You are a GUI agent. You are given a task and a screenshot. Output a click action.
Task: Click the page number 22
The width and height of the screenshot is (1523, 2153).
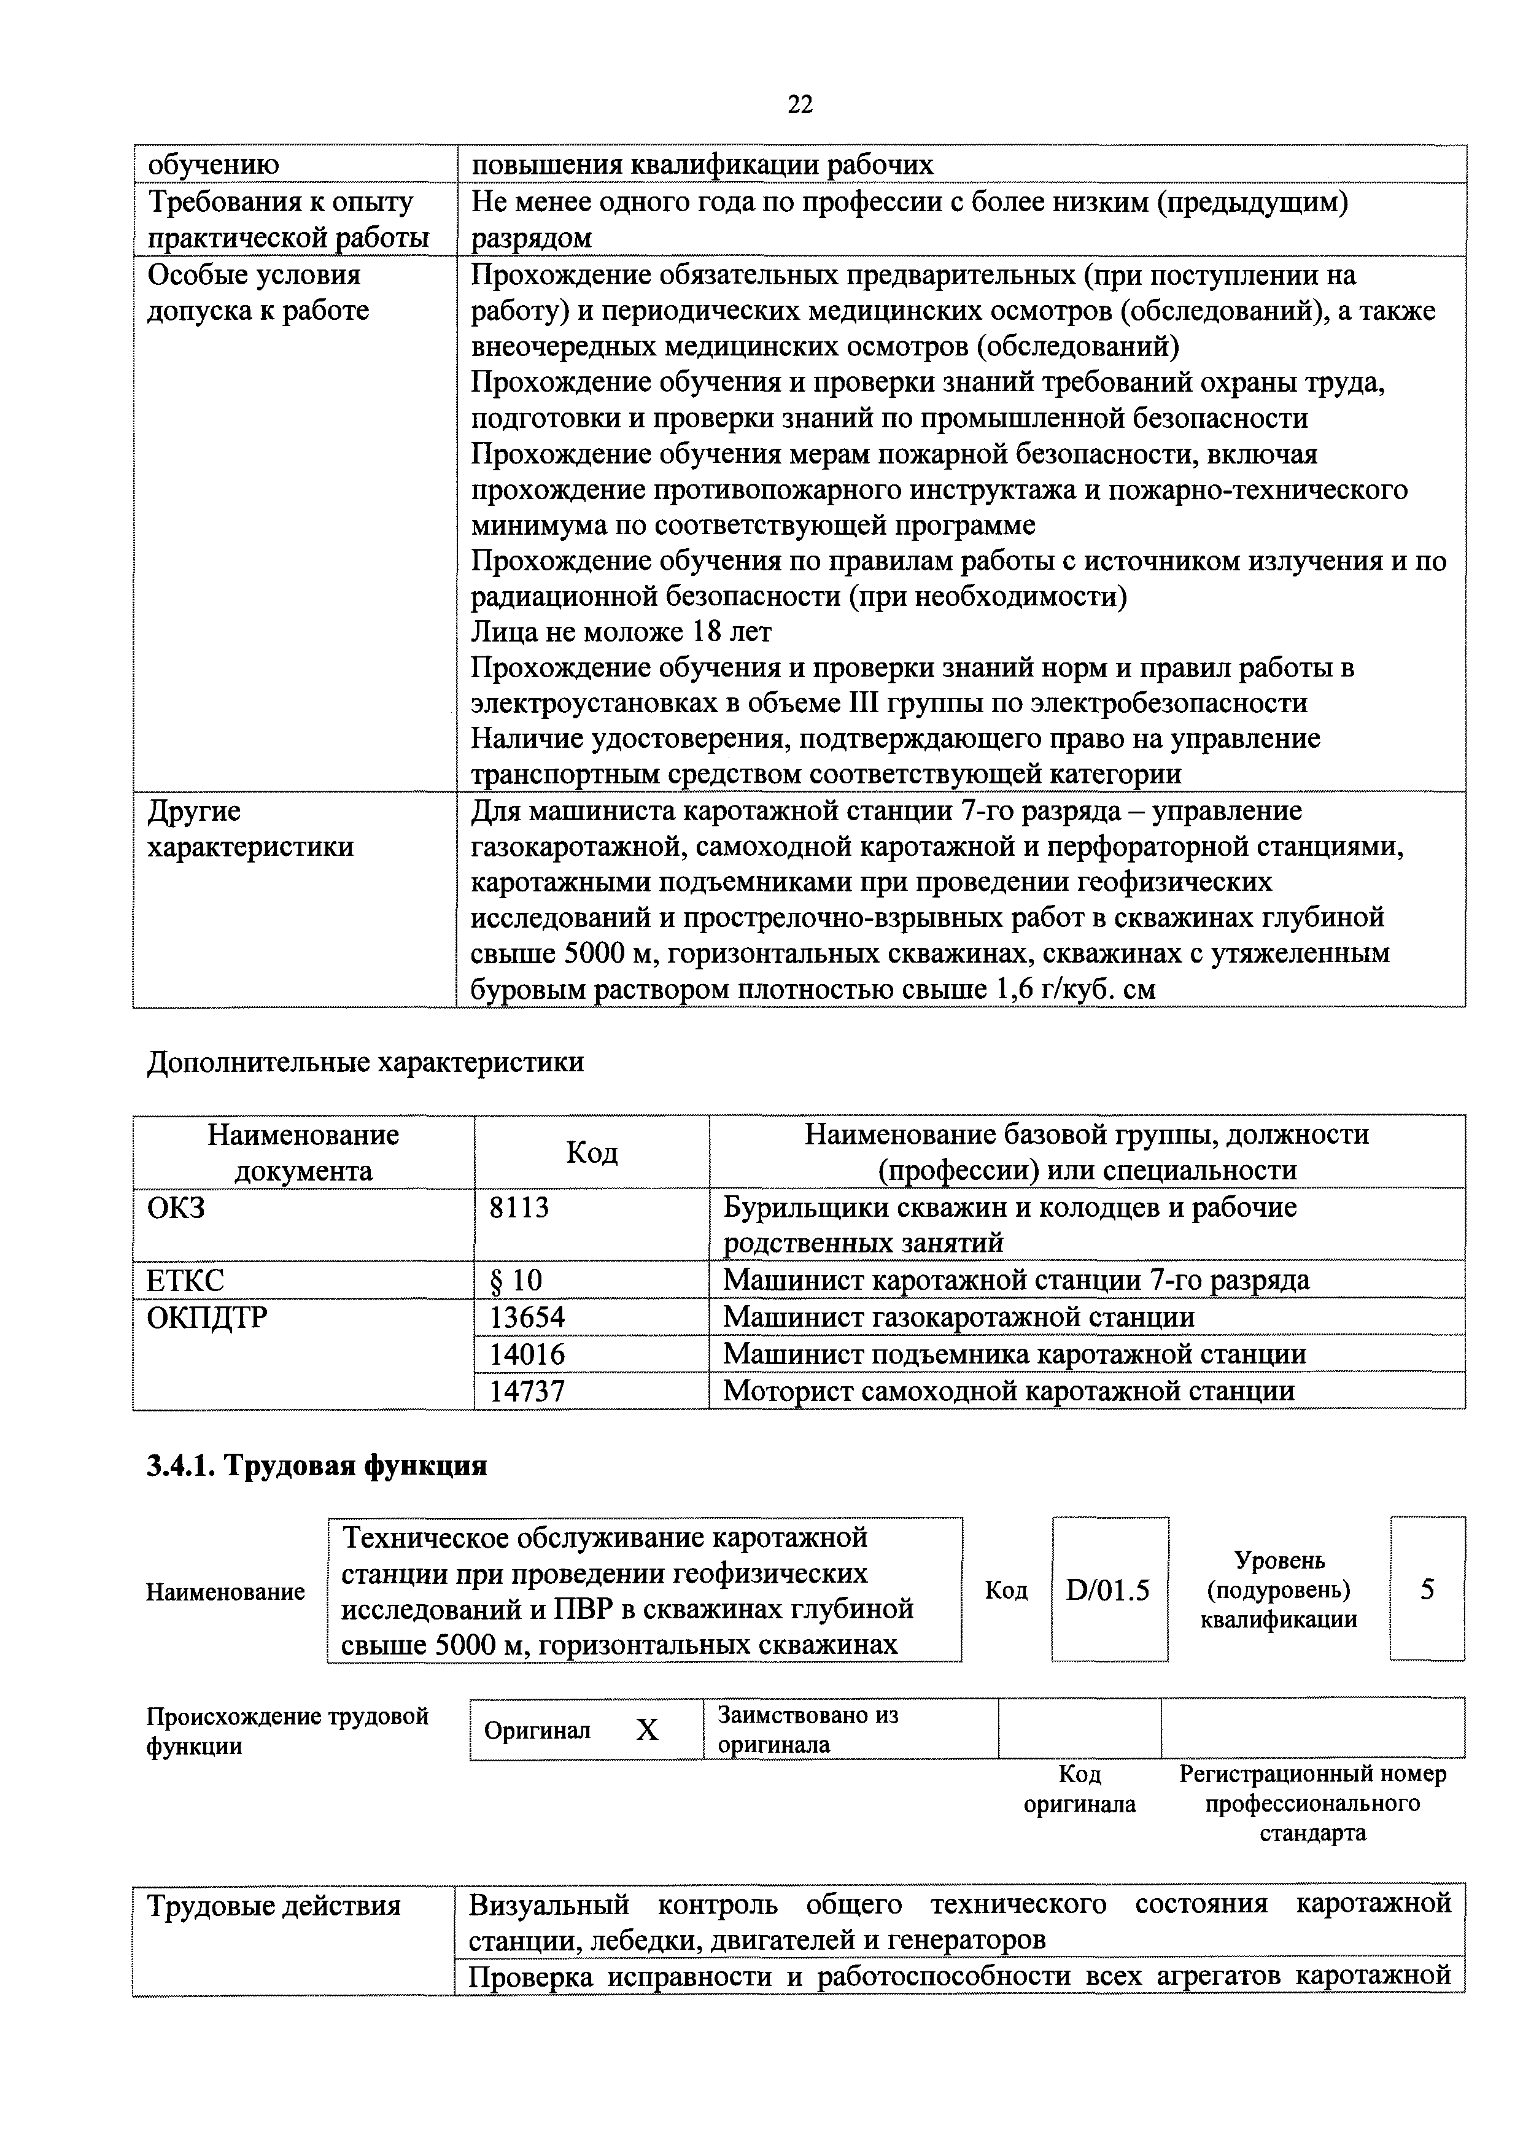799,105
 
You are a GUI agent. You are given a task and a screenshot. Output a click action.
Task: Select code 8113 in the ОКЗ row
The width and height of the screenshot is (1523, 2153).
519,1207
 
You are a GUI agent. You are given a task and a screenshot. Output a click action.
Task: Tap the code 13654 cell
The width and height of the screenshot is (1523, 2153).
527,1317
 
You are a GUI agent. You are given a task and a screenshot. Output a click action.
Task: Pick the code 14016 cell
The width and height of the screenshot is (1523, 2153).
527,1354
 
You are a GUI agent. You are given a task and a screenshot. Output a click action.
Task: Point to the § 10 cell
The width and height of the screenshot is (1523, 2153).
516,1281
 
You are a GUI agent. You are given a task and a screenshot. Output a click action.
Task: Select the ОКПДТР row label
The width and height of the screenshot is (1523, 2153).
207,1317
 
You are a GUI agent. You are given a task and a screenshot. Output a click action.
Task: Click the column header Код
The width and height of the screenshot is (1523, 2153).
592,1152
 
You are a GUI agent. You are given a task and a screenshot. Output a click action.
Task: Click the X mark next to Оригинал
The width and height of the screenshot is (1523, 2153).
647,1730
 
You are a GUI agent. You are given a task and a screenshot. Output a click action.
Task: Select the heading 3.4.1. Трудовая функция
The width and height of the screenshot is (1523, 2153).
317,1465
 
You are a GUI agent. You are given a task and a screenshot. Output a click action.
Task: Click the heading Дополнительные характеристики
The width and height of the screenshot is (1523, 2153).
366,1063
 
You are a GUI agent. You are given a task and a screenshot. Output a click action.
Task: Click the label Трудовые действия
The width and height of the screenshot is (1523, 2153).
275,1906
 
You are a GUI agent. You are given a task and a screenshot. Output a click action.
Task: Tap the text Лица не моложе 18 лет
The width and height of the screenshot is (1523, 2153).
621,632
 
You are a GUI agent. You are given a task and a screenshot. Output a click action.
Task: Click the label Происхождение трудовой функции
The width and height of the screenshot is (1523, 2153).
287,1731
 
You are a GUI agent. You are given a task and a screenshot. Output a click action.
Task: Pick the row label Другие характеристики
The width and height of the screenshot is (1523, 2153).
250,829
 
